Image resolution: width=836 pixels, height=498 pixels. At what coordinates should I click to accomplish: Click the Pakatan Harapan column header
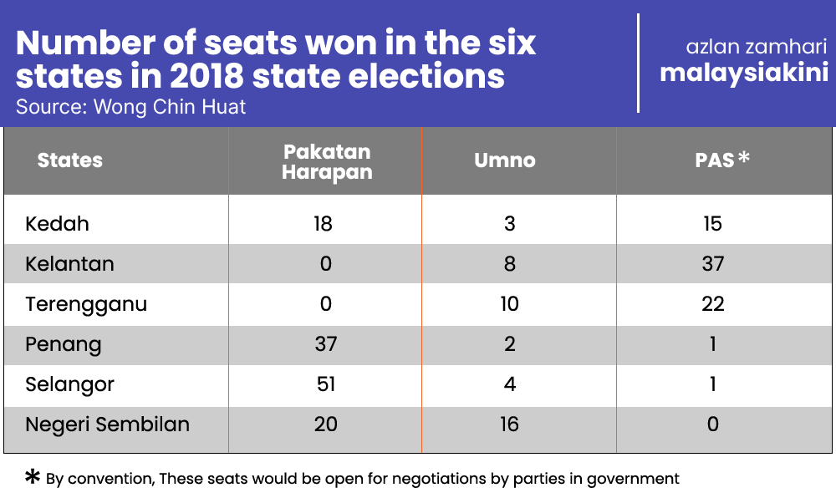[x=327, y=162]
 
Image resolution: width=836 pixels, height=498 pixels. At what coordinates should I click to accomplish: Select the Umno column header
[x=505, y=160]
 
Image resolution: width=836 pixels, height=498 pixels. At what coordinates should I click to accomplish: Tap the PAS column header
[x=722, y=160]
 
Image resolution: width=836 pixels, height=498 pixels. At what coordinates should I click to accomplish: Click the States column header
[x=70, y=160]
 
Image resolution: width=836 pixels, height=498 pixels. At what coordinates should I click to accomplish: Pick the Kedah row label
[x=57, y=224]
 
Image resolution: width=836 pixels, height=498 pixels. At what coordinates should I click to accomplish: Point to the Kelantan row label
[x=70, y=264]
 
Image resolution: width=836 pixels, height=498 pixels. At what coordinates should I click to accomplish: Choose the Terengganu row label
[x=86, y=305]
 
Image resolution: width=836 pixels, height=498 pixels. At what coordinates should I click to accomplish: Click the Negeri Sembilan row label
[x=108, y=425]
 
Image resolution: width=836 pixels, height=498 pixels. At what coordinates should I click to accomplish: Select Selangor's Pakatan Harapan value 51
[x=326, y=384]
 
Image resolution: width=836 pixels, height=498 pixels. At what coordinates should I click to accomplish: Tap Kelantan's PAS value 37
[x=713, y=264]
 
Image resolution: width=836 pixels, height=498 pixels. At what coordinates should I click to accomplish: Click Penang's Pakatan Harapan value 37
[x=326, y=344]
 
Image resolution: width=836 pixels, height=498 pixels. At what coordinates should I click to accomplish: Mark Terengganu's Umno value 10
[x=509, y=304]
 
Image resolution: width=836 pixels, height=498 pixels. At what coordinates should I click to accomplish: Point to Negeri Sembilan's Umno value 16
[x=509, y=424]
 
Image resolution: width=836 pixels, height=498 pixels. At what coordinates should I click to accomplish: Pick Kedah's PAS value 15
[x=712, y=224]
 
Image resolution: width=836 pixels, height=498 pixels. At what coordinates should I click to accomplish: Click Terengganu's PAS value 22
[x=713, y=304]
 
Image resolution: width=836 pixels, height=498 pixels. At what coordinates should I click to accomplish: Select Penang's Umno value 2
[x=510, y=344]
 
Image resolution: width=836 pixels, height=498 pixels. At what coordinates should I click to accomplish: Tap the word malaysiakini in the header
[x=744, y=73]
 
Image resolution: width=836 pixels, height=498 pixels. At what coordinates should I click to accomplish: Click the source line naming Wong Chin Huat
[x=130, y=107]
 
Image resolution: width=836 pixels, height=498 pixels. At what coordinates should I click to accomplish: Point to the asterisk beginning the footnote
[x=33, y=476]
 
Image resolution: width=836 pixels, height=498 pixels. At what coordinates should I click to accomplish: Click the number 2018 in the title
[x=206, y=76]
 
